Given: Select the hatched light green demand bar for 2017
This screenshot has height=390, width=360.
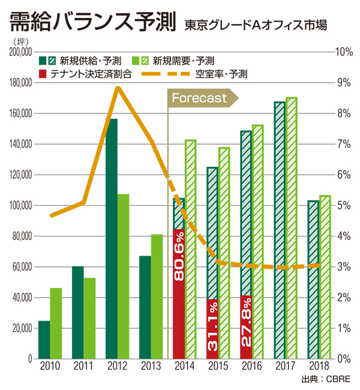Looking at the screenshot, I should point(292,228).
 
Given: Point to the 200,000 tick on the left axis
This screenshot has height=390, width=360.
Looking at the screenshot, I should point(19,52).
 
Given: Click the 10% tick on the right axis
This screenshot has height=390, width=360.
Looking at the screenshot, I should point(343,52).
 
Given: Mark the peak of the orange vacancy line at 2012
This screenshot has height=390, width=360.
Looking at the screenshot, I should point(118,88).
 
